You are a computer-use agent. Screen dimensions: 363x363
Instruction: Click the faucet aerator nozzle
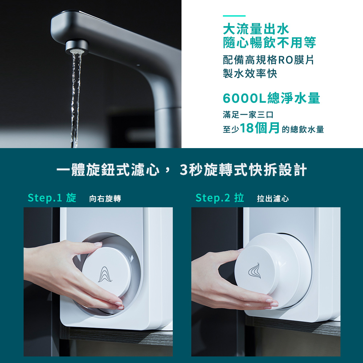pyautogui.click(x=77, y=47)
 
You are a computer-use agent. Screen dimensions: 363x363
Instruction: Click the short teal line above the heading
pyautogui.click(x=234, y=16)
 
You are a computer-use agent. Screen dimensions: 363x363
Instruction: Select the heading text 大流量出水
pyautogui.click(x=256, y=29)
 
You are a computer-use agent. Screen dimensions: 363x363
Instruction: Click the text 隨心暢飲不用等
pyautogui.click(x=269, y=42)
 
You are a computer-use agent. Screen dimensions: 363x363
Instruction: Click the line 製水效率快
pyautogui.click(x=250, y=73)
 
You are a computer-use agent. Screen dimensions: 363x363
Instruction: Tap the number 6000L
pyautogui.click(x=244, y=98)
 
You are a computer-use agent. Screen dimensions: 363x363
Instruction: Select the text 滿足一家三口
pyautogui.click(x=248, y=115)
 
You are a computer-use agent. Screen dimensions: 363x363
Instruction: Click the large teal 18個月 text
pyautogui.click(x=260, y=128)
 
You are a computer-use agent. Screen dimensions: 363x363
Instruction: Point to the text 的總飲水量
pyautogui.click(x=303, y=130)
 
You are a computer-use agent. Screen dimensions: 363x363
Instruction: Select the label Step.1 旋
pyautogui.click(x=52, y=198)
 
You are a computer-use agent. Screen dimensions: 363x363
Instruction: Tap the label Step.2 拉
pyautogui.click(x=220, y=198)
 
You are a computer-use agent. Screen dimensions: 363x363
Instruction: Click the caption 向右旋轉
pyautogui.click(x=105, y=199)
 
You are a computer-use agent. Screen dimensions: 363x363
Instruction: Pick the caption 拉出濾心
pyautogui.click(x=273, y=199)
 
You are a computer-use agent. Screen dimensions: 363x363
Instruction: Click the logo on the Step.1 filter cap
pyautogui.click(x=105, y=274)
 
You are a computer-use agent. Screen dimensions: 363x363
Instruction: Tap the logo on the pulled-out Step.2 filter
pyautogui.click(x=255, y=270)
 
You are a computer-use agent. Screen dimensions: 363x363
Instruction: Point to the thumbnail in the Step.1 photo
pyautogui.click(x=98, y=244)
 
